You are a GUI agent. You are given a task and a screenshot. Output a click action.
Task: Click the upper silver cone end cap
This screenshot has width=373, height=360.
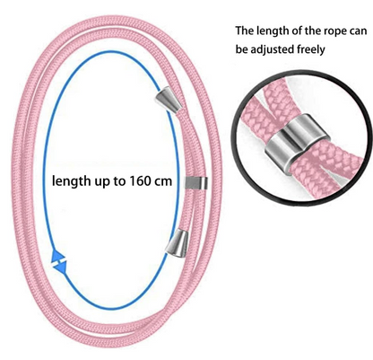[x=169, y=99]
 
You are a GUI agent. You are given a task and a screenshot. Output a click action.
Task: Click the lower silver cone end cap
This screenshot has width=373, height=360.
[x=178, y=243]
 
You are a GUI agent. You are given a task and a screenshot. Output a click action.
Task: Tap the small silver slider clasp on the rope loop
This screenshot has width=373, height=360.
[x=195, y=183]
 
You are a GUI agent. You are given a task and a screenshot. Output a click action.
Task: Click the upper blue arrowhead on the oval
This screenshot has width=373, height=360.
[x=57, y=255]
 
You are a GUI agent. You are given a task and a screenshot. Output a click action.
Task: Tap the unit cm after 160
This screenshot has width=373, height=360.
[x=162, y=181]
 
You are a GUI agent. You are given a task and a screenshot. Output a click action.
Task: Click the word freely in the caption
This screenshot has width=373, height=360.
[x=310, y=49]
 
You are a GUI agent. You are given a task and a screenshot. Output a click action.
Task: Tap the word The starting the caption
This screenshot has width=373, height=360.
[x=245, y=31]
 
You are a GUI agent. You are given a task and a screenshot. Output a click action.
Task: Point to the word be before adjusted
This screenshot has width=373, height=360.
[x=241, y=48]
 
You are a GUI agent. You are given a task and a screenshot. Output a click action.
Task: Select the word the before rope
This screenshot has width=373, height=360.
[x=308, y=31]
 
